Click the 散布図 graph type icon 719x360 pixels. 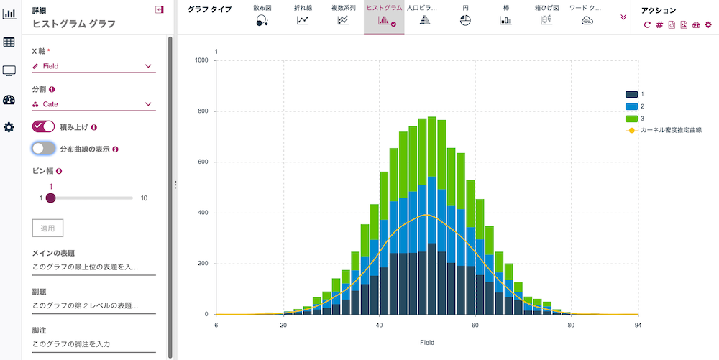pyautogui.click(x=262, y=20)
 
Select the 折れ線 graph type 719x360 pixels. pyautogui.click(x=303, y=20)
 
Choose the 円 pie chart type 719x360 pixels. pyautogui.click(x=465, y=20)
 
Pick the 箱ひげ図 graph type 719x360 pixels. pyautogui.click(x=546, y=20)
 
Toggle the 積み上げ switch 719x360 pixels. pyautogui.click(x=44, y=126)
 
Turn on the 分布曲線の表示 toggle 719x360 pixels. pyautogui.click(x=44, y=149)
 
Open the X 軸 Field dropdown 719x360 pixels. pyautogui.click(x=93, y=66)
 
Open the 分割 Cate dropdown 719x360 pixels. pyautogui.click(x=93, y=104)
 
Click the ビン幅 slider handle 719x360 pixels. pyautogui.click(x=50, y=198)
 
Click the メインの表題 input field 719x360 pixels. pyautogui.click(x=93, y=267)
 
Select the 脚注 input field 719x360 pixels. pyautogui.click(x=93, y=344)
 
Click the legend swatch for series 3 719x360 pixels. pyautogui.click(x=632, y=118)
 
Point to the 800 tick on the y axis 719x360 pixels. pyautogui.click(x=202, y=111)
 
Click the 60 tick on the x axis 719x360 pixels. pyautogui.click(x=475, y=325)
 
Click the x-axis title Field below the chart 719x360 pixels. pyautogui.click(x=426, y=343)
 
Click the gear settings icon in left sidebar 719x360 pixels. pyautogui.click(x=9, y=127)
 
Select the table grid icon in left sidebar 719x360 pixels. pyautogui.click(x=9, y=42)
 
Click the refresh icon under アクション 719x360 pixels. pyautogui.click(x=647, y=24)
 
